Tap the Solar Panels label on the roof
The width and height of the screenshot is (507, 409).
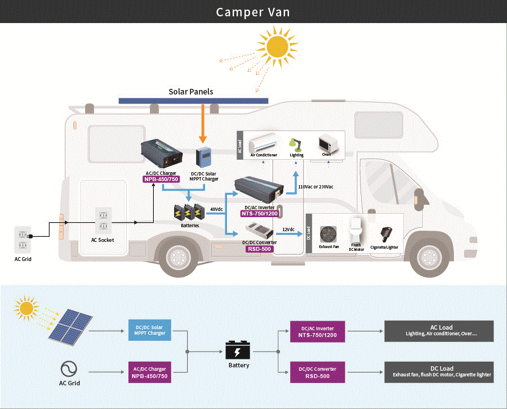[191, 92]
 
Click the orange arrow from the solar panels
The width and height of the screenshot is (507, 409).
[203, 123]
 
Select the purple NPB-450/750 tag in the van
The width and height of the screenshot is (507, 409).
[161, 179]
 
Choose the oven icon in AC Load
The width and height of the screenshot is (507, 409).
[328, 144]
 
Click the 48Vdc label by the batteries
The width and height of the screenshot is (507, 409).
[216, 209]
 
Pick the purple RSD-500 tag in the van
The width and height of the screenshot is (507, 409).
[259, 249]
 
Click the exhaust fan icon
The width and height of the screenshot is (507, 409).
[328, 234]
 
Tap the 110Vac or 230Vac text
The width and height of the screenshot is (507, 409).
[315, 187]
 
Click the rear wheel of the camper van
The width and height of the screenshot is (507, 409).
[179, 257]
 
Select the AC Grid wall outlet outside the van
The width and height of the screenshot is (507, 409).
[23, 240]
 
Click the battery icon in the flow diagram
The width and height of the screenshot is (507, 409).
[238, 350]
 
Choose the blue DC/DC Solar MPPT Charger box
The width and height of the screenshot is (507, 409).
[150, 330]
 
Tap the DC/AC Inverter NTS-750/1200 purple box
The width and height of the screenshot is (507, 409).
[318, 331]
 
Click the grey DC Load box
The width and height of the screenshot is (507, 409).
[439, 372]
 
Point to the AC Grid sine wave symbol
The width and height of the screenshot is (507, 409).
[69, 369]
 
